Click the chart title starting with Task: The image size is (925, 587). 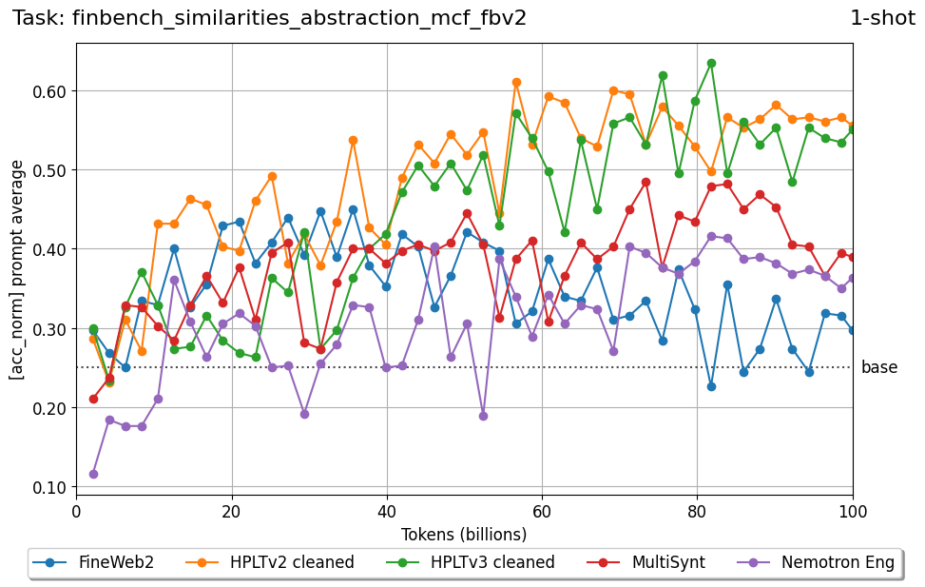pos(269,18)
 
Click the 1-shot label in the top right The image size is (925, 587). pos(881,18)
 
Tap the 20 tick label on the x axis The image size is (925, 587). pos(231,512)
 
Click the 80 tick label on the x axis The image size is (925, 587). pos(697,512)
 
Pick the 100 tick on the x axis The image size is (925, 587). pos(852,512)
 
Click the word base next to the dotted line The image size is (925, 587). pos(878,367)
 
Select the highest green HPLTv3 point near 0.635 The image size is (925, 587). pos(711,64)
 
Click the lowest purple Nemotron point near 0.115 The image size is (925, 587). pos(93,474)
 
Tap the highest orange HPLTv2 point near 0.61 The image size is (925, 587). pos(516,83)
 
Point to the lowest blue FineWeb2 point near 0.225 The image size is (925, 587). pos(711,386)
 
